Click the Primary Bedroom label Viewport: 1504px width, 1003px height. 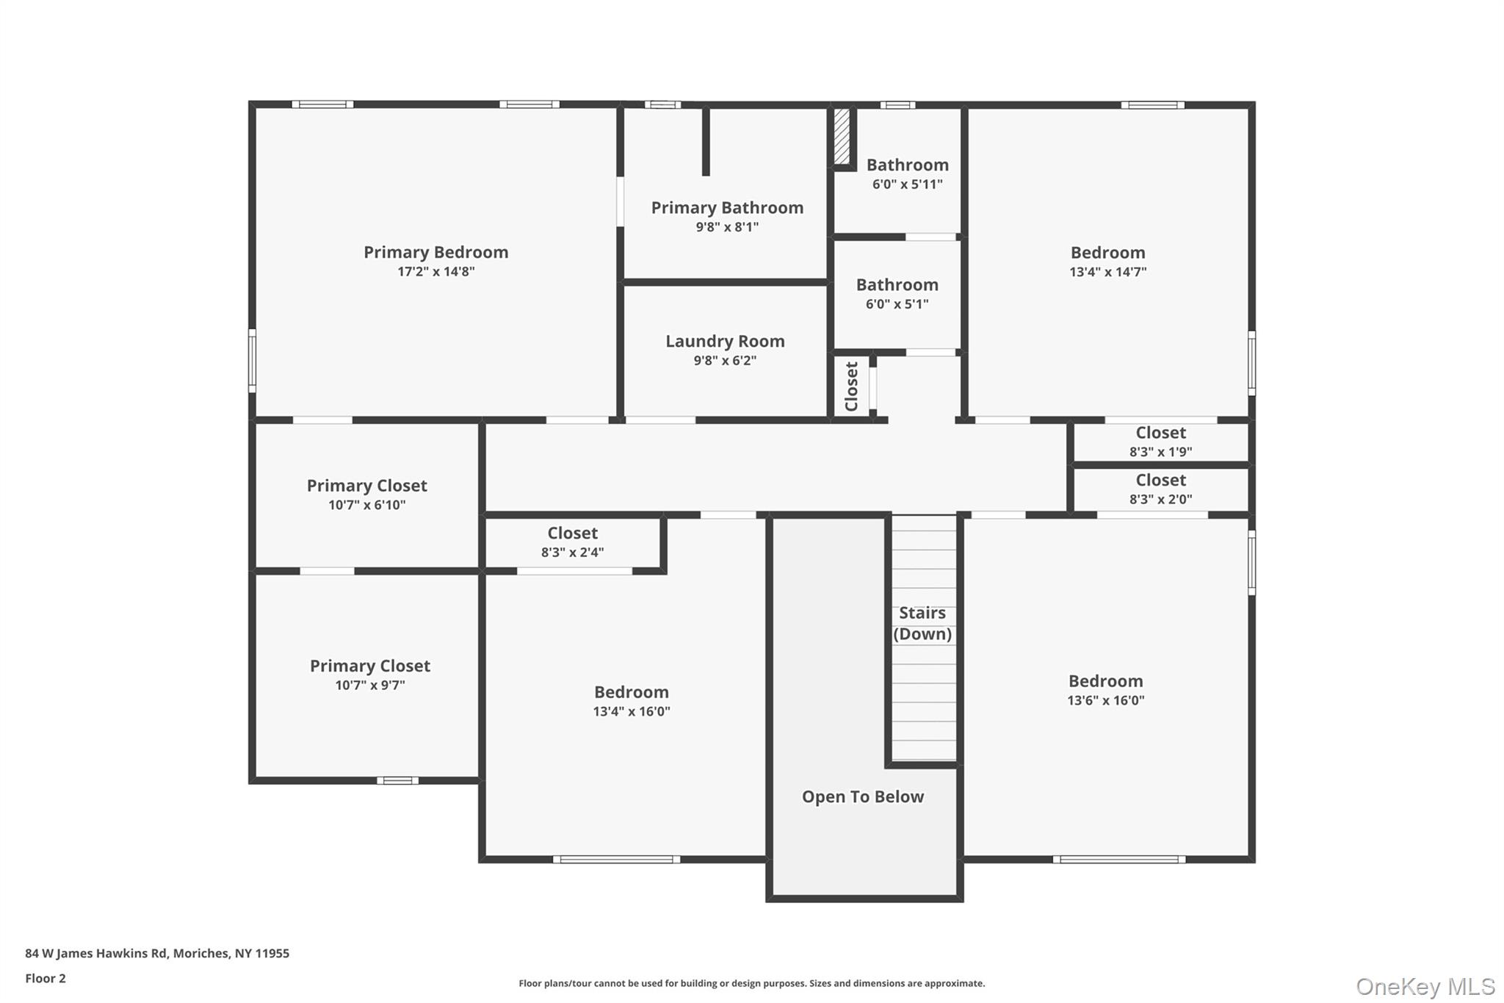pyautogui.click(x=435, y=252)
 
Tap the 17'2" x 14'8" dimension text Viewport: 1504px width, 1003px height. pyautogui.click(x=435, y=271)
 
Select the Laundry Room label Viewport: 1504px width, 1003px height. pyautogui.click(x=725, y=341)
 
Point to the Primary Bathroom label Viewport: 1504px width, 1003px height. pyautogui.click(x=727, y=208)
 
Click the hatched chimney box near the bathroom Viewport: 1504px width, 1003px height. pyautogui.click(x=842, y=137)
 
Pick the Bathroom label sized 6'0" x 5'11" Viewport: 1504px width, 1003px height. pyautogui.click(x=907, y=165)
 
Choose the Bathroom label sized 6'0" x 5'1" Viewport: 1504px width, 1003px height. pyautogui.click(x=897, y=285)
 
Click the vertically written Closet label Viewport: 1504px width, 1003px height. pyautogui.click(x=851, y=387)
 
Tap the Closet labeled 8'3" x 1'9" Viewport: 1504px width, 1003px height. pyautogui.click(x=1160, y=433)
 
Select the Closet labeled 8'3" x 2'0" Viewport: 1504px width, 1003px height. pyautogui.click(x=1160, y=480)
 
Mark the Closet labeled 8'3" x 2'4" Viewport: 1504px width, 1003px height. pyautogui.click(x=572, y=533)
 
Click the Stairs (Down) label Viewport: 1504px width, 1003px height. pyautogui.click(x=922, y=623)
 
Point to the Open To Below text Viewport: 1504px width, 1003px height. pyautogui.click(x=862, y=797)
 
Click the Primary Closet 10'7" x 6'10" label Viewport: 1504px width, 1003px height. pyautogui.click(x=366, y=486)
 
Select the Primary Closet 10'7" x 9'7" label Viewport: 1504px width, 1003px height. pyautogui.click(x=369, y=666)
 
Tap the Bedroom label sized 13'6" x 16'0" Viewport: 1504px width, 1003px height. pyautogui.click(x=1105, y=681)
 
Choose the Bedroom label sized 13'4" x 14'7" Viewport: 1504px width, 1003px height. pyautogui.click(x=1107, y=253)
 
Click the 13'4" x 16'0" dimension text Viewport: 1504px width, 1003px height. pyautogui.click(x=631, y=711)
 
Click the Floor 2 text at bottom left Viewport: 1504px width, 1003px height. pyautogui.click(x=46, y=978)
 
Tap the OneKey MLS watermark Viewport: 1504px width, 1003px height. pyautogui.click(x=1425, y=986)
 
